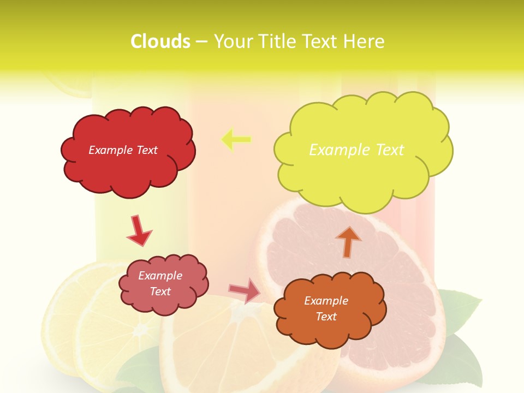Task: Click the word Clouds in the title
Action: (x=160, y=41)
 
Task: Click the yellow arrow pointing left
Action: (x=236, y=140)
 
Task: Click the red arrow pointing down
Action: (x=139, y=230)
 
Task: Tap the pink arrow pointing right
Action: (x=244, y=290)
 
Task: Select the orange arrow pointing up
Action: (x=348, y=241)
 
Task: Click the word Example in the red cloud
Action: (x=110, y=150)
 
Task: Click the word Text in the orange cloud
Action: (x=326, y=317)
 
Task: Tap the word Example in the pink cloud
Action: (x=160, y=276)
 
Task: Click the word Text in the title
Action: (x=326, y=41)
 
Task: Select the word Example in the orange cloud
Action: (x=326, y=301)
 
